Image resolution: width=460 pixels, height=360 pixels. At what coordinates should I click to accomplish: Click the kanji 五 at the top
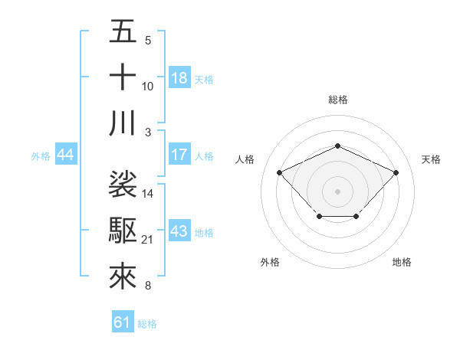123,31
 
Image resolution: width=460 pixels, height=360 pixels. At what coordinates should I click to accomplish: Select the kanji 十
123,77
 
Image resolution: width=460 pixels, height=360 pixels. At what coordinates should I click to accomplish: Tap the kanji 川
123,123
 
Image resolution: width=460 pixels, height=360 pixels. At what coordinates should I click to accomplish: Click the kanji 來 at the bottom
123,277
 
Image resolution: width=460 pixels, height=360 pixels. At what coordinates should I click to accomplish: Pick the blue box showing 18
179,78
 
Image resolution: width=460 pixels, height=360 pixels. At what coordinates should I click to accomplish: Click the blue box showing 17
179,155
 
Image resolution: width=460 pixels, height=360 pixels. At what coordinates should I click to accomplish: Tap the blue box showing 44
66,155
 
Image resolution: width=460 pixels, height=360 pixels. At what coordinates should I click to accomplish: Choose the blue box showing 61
123,322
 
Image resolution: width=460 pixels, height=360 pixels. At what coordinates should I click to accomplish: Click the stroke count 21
148,241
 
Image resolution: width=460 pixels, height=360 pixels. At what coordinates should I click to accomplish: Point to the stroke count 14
148,194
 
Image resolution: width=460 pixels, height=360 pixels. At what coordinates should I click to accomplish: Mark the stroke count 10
148,87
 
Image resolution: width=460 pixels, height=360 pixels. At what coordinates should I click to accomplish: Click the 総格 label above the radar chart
338,100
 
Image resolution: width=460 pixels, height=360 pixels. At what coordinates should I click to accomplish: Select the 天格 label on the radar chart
432,159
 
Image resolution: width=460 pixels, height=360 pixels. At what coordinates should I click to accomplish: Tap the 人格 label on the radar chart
245,159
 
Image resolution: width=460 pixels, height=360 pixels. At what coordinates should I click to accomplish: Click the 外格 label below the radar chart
270,262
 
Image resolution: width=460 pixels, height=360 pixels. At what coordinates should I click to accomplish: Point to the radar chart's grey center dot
337,191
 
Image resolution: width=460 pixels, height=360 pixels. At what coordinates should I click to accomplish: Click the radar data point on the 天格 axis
396,172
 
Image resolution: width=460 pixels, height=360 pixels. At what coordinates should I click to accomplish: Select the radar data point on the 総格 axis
337,146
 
